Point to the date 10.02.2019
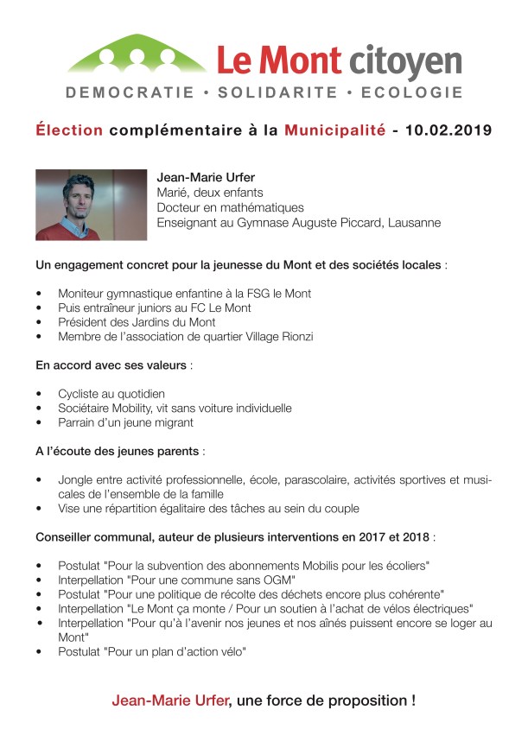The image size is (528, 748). (x=448, y=131)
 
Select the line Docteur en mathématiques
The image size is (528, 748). (x=230, y=207)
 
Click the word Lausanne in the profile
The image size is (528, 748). (x=413, y=223)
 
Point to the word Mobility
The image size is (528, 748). (x=140, y=408)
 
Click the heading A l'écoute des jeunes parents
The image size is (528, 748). (x=118, y=451)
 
